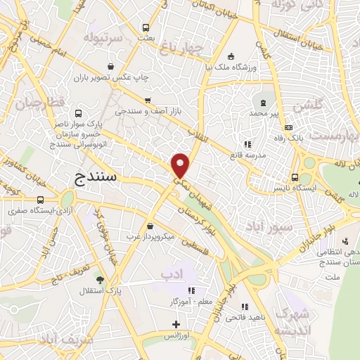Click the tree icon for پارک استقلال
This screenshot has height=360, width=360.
click(x=98, y=278)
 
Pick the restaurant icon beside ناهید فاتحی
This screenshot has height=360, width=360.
click(x=245, y=307)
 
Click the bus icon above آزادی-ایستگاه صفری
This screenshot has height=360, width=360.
click(x=40, y=200)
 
